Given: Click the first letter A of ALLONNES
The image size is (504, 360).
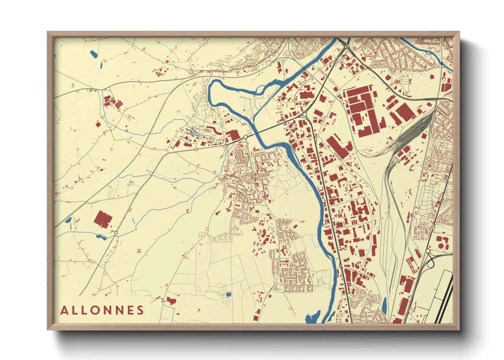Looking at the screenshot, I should [64, 311].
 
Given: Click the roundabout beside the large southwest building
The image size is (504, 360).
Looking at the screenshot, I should [116, 233].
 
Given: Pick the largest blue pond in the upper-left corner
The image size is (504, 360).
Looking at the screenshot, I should [93, 54].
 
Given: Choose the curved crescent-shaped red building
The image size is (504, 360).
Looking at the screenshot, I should [213, 129].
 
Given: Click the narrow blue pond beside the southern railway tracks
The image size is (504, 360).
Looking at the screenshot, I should [384, 306].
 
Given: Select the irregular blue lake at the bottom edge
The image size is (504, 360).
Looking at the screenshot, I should [313, 317].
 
